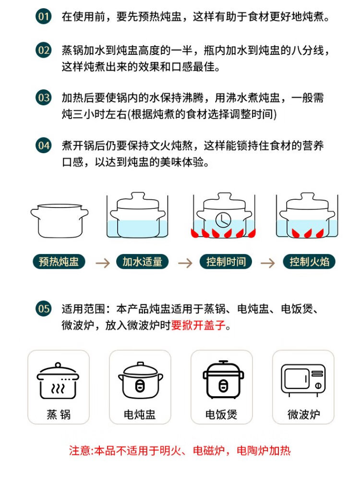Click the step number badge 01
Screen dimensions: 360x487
(x=44, y=16)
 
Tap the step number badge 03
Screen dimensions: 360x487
(x=44, y=97)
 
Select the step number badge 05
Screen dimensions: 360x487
(x=44, y=309)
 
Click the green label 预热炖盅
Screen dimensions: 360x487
(x=59, y=262)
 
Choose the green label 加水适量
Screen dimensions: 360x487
(x=142, y=262)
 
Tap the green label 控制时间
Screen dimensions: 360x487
(x=226, y=262)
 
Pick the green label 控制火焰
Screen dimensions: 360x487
(x=309, y=262)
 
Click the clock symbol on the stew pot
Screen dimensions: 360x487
(x=223, y=219)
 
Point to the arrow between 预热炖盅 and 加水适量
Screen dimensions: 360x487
(x=103, y=263)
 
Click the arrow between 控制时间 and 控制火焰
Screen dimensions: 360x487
(x=267, y=263)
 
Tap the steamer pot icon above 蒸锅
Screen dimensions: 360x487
(x=58, y=380)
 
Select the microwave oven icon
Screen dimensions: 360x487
(x=303, y=380)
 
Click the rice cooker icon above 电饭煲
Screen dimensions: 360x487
(x=224, y=379)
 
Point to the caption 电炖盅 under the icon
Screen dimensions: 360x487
(x=140, y=414)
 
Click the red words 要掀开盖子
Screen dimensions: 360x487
(x=198, y=325)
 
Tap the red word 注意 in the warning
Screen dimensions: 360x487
(x=80, y=450)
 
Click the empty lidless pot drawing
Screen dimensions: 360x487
(x=59, y=221)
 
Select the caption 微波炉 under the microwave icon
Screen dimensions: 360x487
(x=303, y=414)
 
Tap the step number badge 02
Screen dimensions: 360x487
(x=44, y=50)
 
